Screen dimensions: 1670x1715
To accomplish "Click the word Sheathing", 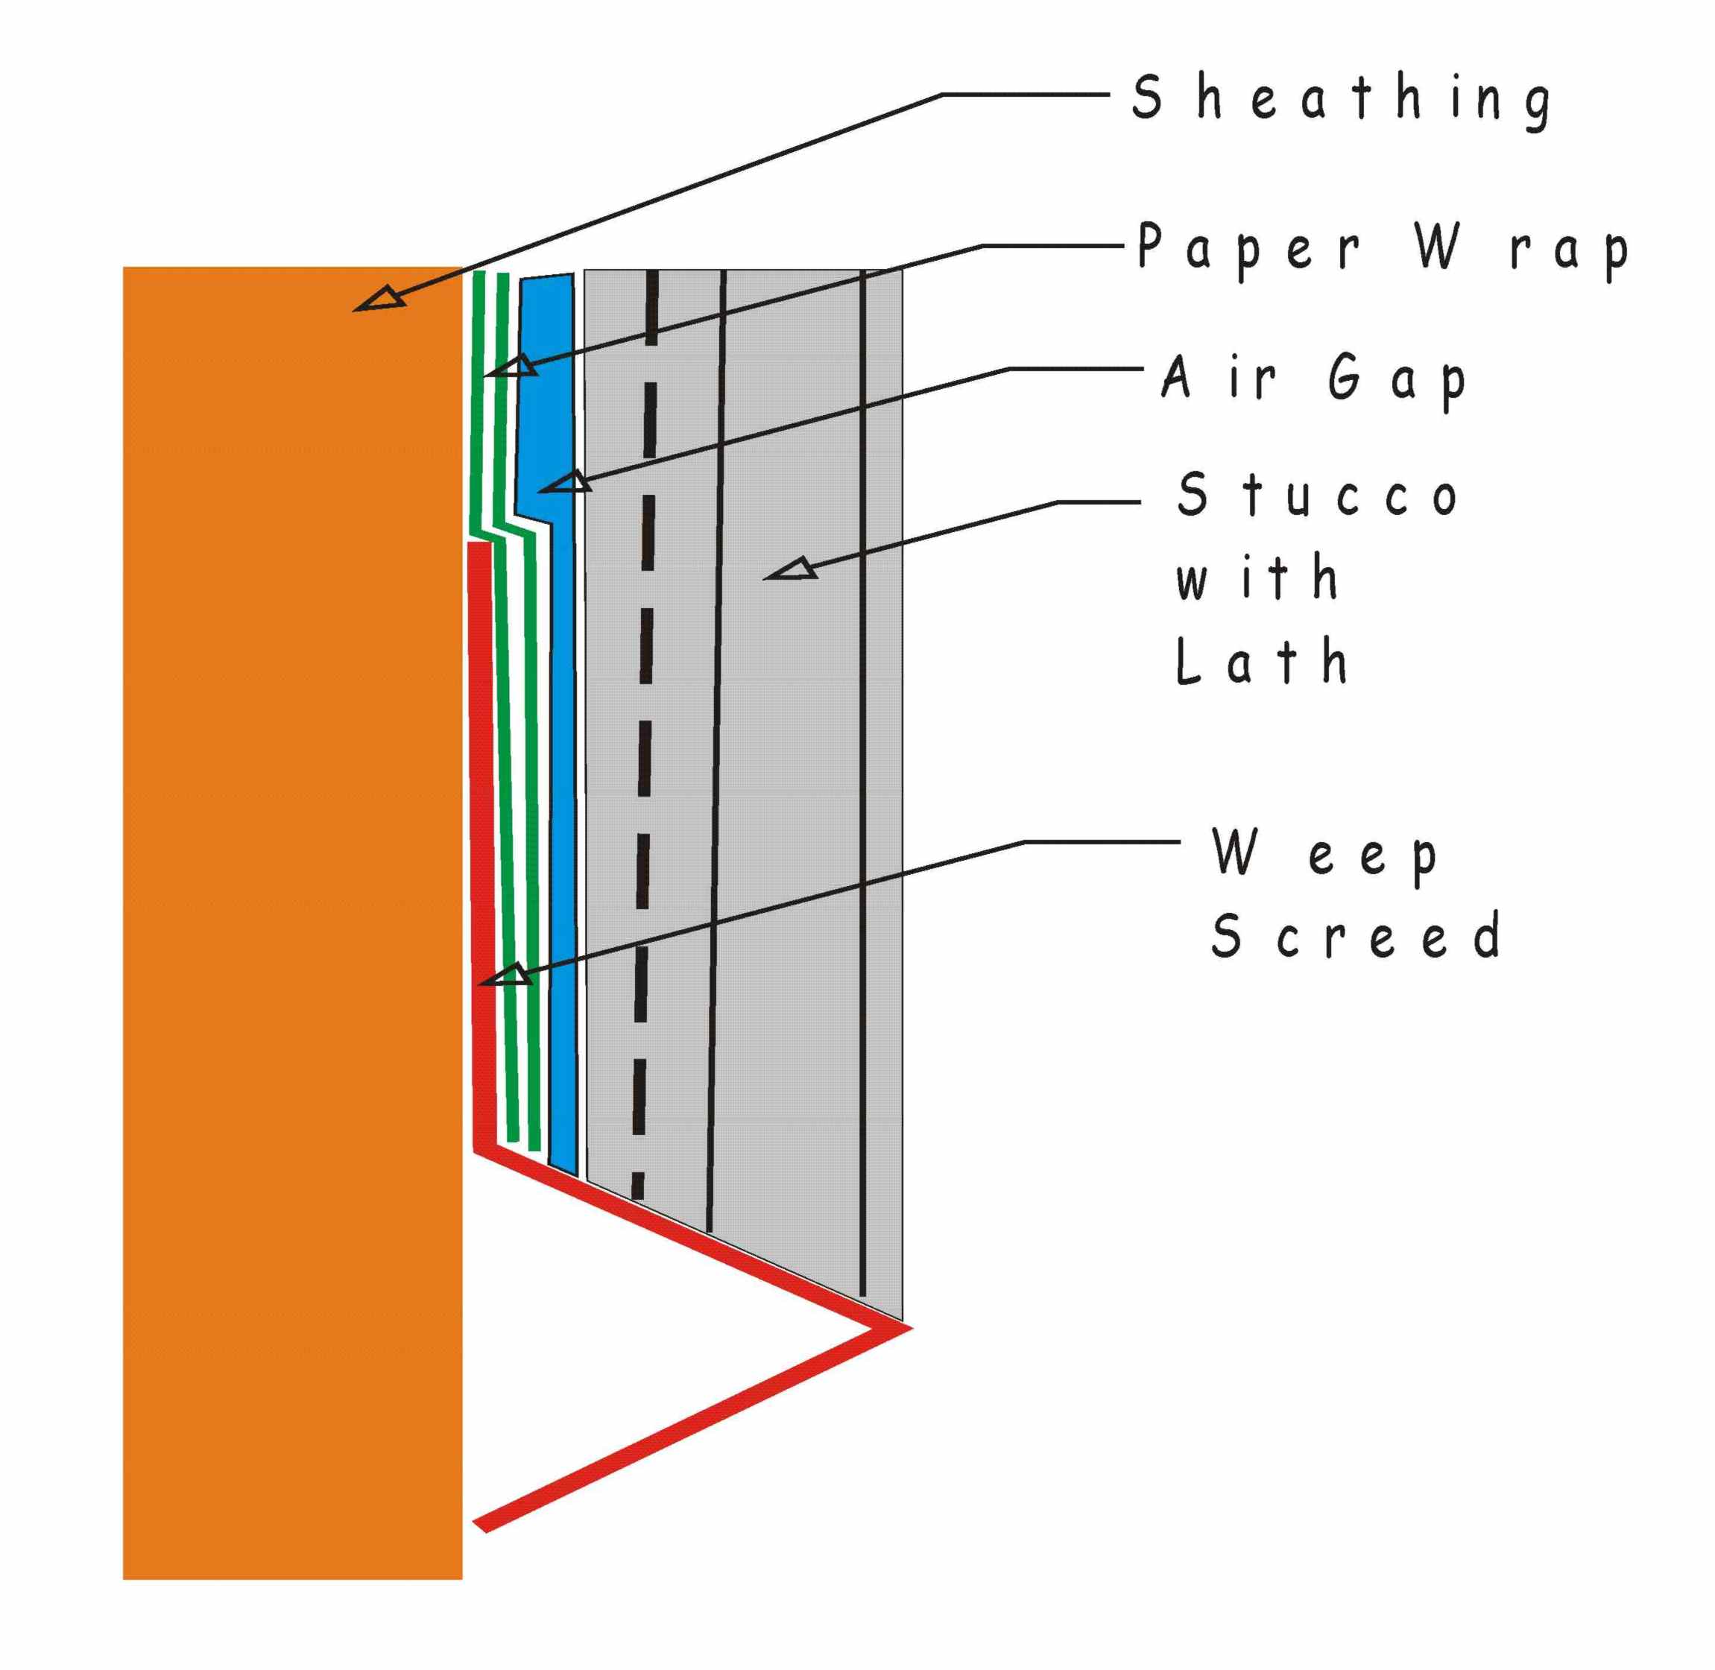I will coord(1340,99).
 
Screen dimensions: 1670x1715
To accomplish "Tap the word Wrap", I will coord(1522,248).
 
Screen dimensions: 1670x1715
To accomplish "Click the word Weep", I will coord(1324,853).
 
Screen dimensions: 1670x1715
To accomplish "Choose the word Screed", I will coord(1355,935).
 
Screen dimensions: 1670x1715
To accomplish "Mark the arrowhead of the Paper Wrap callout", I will coord(514,367).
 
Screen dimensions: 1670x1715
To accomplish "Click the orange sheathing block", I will coord(289,877).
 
